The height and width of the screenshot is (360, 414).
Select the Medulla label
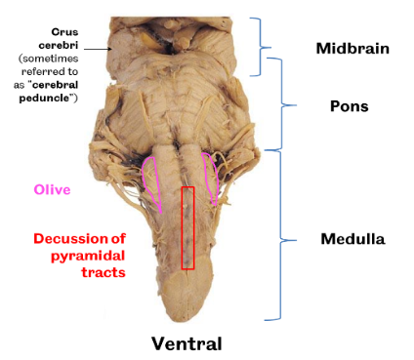tap(353, 238)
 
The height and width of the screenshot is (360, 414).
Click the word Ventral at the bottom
tap(186, 342)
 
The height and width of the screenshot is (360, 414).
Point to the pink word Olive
tap(52, 189)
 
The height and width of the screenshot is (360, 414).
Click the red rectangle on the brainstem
tap(187, 227)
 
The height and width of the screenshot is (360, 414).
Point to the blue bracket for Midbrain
tap(261, 46)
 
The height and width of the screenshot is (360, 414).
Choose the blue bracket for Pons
tap(285, 105)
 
